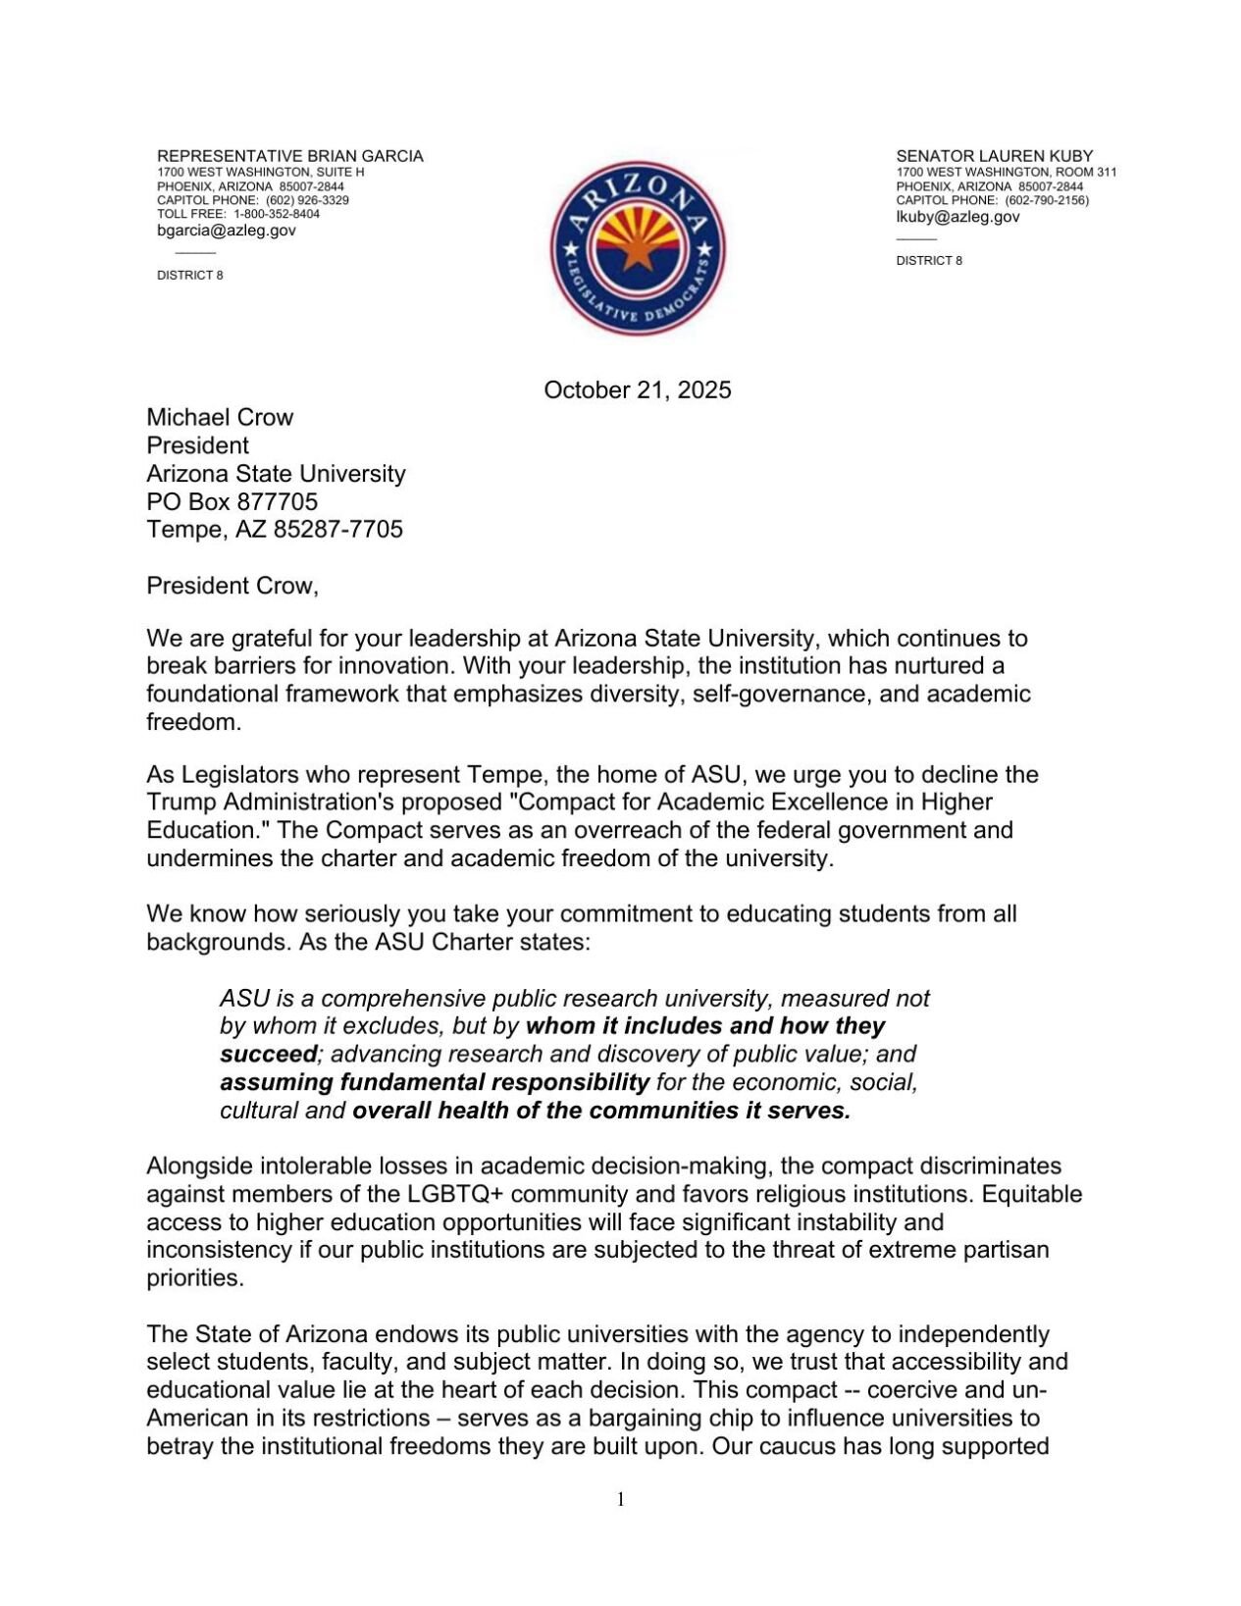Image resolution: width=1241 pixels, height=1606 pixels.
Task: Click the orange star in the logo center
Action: pos(637,253)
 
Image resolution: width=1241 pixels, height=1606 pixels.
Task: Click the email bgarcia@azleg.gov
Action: pos(226,231)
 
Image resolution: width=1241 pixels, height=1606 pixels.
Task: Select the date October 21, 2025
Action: pos(637,390)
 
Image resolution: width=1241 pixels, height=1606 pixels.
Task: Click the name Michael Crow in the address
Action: pos(220,417)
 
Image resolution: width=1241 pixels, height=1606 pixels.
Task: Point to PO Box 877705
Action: pos(232,501)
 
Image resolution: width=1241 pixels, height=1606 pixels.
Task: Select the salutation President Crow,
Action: pos(233,586)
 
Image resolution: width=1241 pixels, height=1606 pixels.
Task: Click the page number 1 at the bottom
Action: pos(620,1499)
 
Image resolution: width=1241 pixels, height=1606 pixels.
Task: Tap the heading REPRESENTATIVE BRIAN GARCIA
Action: pos(289,156)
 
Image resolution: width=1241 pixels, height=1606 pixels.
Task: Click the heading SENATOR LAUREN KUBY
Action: pos(994,156)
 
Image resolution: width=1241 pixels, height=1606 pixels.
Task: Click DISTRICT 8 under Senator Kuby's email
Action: pos(928,261)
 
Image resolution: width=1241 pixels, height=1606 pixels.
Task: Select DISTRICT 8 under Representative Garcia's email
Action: pos(189,276)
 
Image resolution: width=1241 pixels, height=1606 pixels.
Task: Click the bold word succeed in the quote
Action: pos(268,1055)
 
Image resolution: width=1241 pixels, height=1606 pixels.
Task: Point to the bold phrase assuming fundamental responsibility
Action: pos(434,1082)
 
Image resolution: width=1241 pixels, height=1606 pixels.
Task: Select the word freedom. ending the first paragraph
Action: pos(193,722)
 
